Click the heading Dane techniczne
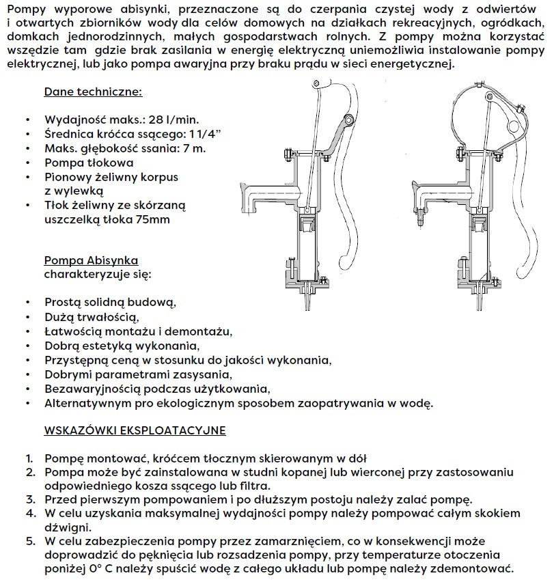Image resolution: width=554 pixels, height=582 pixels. (x=93, y=92)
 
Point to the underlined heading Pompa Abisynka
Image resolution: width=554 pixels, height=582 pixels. (x=91, y=260)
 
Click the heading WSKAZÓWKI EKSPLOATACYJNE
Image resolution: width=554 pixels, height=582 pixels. (x=135, y=431)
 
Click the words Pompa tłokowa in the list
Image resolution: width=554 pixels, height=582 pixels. (x=89, y=163)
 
